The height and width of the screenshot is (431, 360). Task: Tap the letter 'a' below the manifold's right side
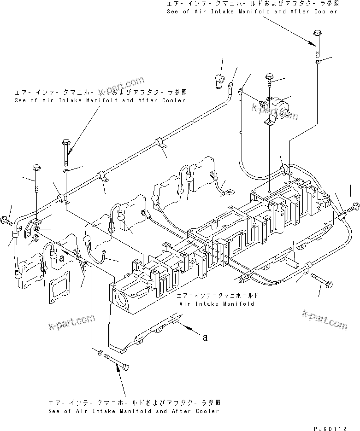[205, 337]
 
